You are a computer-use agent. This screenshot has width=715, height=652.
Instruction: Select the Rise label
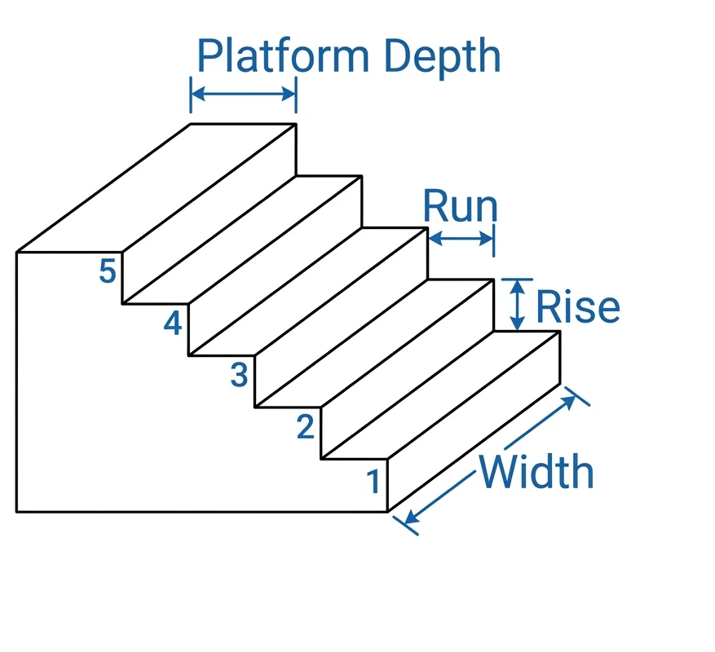[577, 307]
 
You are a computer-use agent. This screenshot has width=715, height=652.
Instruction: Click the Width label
[536, 472]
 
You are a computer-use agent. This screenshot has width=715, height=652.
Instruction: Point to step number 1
[373, 482]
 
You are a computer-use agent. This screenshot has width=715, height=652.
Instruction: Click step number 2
[305, 426]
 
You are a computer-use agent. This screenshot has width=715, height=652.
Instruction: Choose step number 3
[238, 375]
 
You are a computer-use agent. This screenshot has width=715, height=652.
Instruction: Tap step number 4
[172, 324]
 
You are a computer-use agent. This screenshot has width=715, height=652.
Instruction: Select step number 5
[107, 271]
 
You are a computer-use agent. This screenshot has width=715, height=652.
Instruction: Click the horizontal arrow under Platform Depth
[243, 95]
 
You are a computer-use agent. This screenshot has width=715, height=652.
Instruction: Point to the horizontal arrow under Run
[461, 239]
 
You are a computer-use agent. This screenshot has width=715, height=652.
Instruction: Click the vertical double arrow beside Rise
[515, 305]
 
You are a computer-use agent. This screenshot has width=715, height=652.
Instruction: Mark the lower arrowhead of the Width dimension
[408, 521]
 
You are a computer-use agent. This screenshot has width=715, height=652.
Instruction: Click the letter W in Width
[499, 472]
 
